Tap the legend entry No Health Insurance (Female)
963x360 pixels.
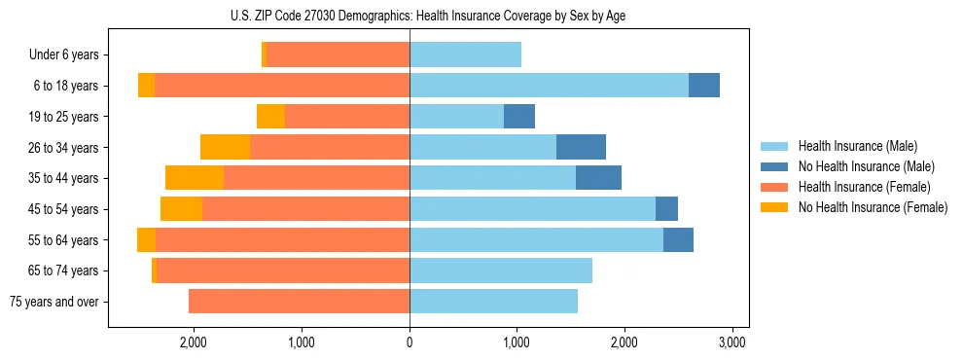873,207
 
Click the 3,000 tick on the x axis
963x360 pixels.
731,342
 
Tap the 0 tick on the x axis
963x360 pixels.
410,342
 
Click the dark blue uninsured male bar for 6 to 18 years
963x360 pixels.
704,86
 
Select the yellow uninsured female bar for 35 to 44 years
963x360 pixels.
195,178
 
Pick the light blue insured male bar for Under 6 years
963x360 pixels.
465,54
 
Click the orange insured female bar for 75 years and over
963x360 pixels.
299,302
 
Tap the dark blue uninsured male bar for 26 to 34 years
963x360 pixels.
581,147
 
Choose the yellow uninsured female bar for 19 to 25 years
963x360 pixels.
270,117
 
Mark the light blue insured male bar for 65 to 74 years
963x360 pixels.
501,270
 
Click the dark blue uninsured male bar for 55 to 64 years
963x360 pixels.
678,239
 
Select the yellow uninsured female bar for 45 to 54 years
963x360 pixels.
181,209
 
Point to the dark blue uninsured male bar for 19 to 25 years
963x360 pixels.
519,117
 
